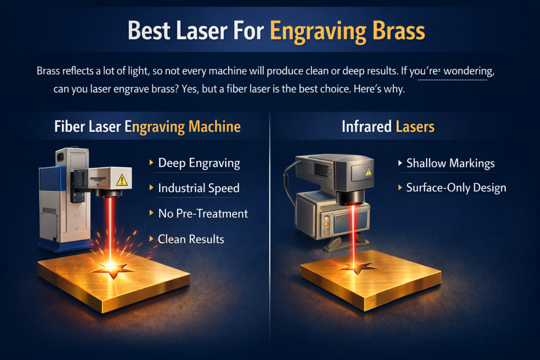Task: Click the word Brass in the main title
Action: tap(399, 31)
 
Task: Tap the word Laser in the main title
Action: tap(202, 31)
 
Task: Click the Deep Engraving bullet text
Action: tap(199, 163)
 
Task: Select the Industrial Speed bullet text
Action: tap(199, 188)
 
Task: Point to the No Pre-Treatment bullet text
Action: tap(203, 214)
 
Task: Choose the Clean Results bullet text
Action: tap(191, 239)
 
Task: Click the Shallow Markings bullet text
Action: tap(450, 163)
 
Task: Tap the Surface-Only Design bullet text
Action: tap(456, 188)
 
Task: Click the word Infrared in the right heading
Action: tap(366, 126)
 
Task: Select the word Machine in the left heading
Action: tap(215, 126)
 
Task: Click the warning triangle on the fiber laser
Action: tap(122, 180)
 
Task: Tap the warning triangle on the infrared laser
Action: tap(369, 171)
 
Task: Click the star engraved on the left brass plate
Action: tap(112, 270)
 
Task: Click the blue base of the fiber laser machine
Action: tap(66, 247)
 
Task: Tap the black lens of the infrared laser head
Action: tap(351, 198)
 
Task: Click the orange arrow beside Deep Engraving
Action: tap(151, 162)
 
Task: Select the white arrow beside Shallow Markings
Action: tap(400, 163)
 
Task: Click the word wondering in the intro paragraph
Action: tap(469, 72)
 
